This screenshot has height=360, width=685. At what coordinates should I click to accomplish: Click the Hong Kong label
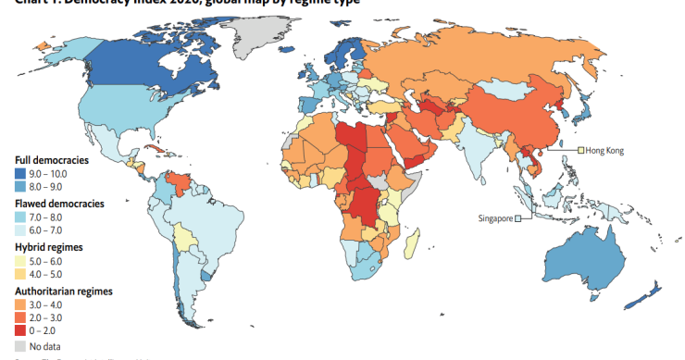(604, 150)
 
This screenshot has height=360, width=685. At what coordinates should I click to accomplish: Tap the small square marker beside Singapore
(518, 218)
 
